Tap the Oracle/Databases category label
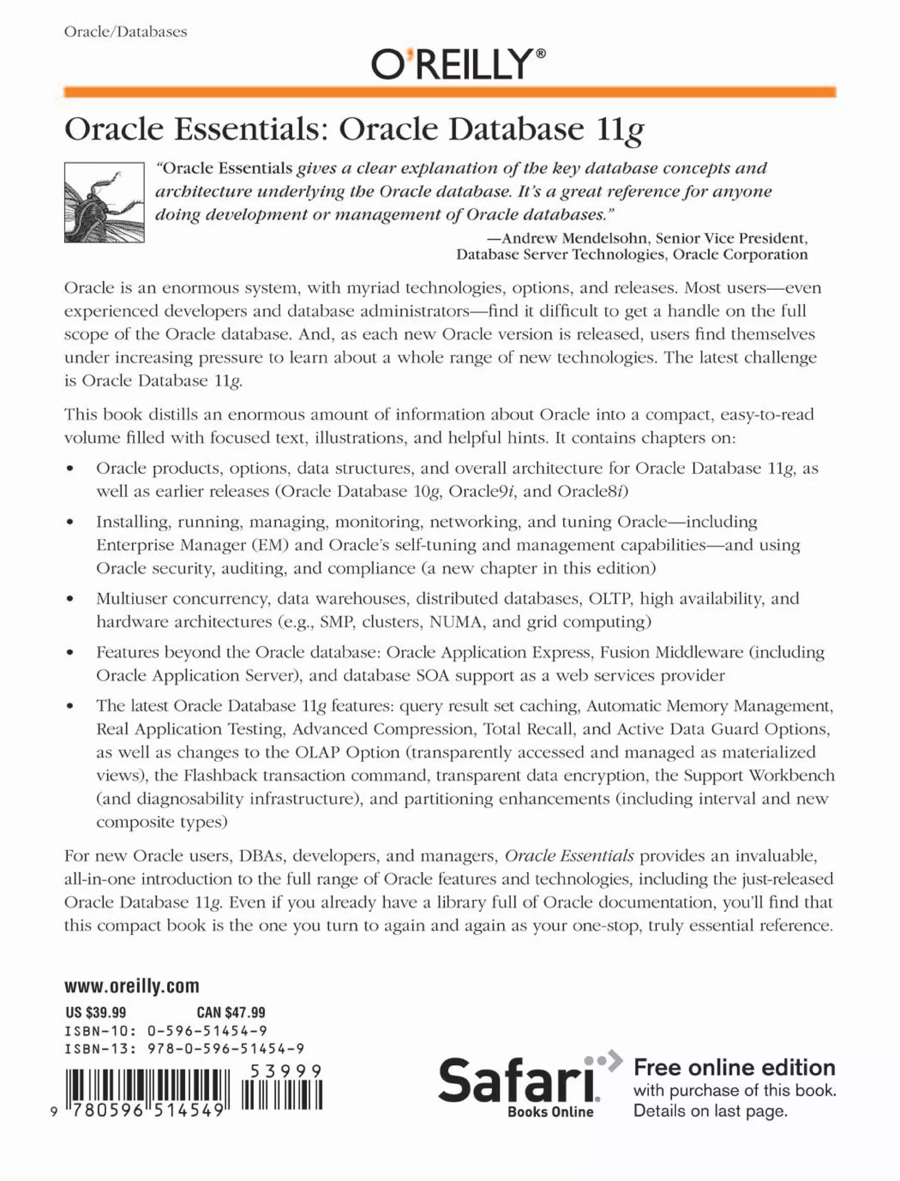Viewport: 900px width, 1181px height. [x=125, y=32]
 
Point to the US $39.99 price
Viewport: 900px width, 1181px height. [x=96, y=1012]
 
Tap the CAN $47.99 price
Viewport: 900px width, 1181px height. [x=231, y=1012]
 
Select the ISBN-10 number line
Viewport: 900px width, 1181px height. [x=166, y=1031]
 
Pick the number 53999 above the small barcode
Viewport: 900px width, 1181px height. [x=286, y=1071]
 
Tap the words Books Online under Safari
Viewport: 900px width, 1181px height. [x=550, y=1112]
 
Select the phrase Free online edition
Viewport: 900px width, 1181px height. [x=734, y=1068]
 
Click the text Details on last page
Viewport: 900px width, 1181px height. [x=710, y=1111]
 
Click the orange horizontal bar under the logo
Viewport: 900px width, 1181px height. [x=450, y=92]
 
